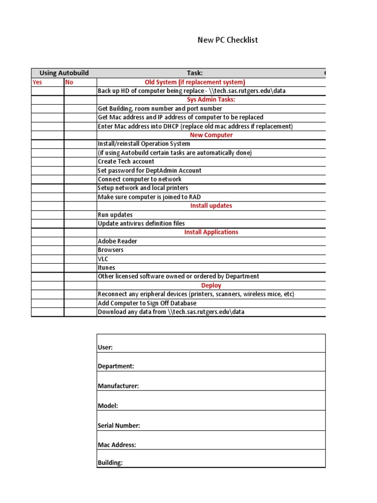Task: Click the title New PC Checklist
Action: [x=227, y=40]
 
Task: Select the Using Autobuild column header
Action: [x=64, y=73]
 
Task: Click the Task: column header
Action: [x=194, y=73]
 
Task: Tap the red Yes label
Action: [x=37, y=82]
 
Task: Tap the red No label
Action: [x=69, y=82]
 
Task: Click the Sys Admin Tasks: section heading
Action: [x=211, y=100]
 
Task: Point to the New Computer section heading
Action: [x=211, y=135]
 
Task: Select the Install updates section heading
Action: [x=211, y=206]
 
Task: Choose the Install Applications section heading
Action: [x=211, y=232]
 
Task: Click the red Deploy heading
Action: [x=211, y=285]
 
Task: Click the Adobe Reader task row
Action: [x=117, y=241]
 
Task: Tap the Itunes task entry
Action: [x=107, y=268]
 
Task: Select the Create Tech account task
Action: [x=126, y=162]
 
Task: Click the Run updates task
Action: [x=115, y=215]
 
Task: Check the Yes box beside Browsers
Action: [x=48, y=250]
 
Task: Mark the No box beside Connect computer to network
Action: [x=81, y=179]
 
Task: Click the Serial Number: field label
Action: [x=119, y=426]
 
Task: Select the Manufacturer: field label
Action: [x=118, y=386]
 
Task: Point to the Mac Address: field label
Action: [x=117, y=445]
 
